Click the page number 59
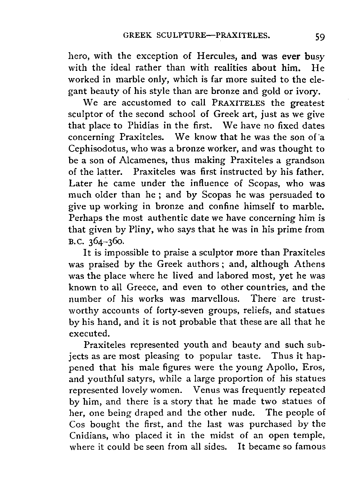[319, 36]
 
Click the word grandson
[306, 161]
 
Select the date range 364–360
[104, 241]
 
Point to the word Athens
[310, 264]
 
